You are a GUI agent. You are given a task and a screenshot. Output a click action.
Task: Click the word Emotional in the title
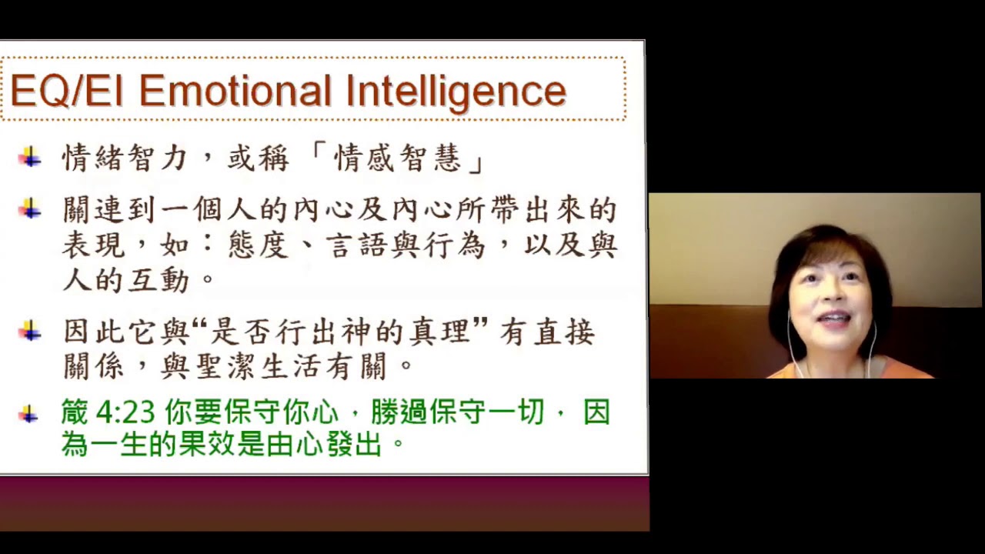tap(235, 92)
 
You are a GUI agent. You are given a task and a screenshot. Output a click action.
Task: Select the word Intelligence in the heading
tap(456, 92)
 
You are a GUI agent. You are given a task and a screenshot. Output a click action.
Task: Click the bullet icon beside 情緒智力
tap(30, 158)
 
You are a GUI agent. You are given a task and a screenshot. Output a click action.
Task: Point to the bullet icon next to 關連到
tap(30, 208)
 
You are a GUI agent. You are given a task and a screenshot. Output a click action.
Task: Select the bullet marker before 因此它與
tap(30, 331)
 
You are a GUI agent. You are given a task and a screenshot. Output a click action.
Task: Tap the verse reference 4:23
tap(126, 413)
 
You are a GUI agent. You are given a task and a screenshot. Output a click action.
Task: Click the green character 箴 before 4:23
tap(75, 413)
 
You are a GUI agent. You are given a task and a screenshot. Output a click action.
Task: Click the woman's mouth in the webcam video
tap(835, 317)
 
